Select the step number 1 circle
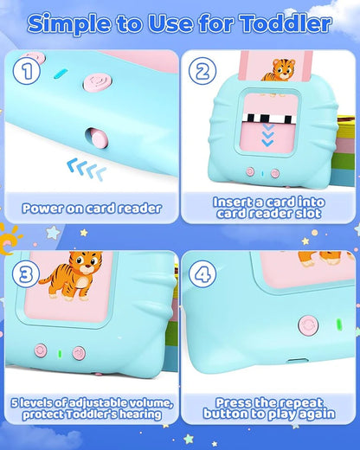click(x=29, y=73)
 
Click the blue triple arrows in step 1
click(x=86, y=170)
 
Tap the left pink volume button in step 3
click(x=41, y=350)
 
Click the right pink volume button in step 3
click(x=79, y=353)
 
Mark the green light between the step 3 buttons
click(x=60, y=352)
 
